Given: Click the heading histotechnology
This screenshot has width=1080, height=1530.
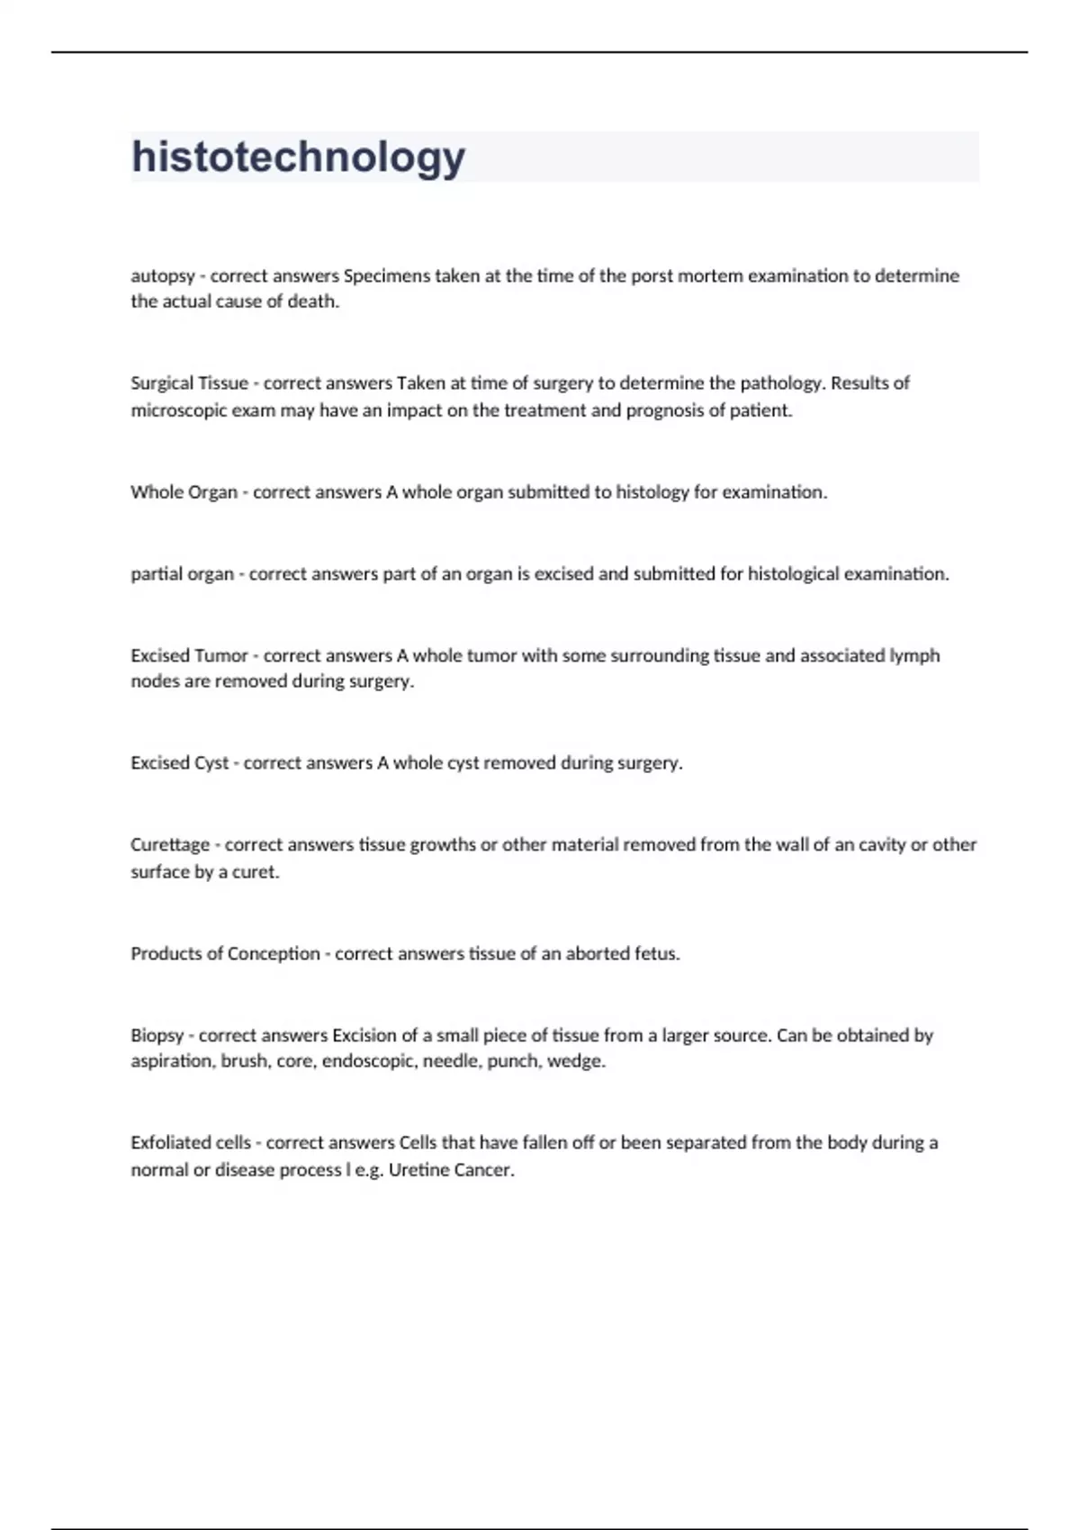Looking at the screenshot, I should (x=298, y=157).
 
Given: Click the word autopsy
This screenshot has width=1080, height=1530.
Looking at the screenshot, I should (x=162, y=276).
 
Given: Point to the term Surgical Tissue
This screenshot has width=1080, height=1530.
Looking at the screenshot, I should (x=189, y=383).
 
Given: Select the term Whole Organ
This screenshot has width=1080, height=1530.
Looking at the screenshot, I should (x=184, y=492).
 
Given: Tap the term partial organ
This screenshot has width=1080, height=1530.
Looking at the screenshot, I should (x=182, y=574).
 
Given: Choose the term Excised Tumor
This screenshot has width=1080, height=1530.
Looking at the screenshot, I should (x=189, y=655).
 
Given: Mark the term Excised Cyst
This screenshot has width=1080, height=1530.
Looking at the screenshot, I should (x=180, y=763).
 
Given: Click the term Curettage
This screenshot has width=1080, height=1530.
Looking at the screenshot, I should (x=170, y=845).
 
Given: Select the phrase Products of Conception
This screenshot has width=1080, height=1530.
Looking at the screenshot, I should (x=225, y=954).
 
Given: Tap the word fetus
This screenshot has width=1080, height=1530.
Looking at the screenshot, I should (x=657, y=954).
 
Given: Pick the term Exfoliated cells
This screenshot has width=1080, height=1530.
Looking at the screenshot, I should (x=191, y=1143).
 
